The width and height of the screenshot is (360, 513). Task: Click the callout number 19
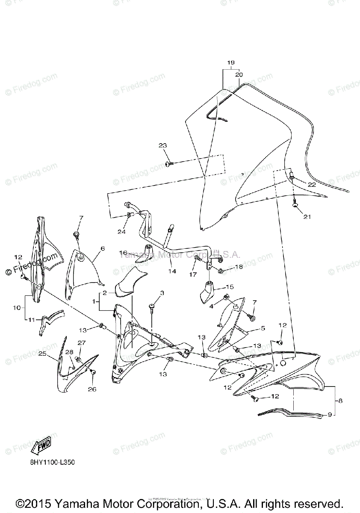coord(230,63)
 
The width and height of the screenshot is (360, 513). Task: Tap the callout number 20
coord(239,74)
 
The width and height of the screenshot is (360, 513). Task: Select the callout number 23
coord(162,145)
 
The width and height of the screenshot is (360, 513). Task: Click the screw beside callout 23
coord(168,164)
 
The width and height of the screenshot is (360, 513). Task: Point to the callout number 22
coord(311,185)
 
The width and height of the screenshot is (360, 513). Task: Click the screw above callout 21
coord(294,205)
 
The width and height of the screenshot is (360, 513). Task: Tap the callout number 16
coord(124,253)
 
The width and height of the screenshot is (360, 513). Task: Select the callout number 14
coord(172,271)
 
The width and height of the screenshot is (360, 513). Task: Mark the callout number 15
coord(230,287)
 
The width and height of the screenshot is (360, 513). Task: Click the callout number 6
coord(103,248)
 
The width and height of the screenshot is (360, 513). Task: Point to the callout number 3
coord(162,293)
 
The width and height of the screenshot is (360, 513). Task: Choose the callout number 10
coord(17,307)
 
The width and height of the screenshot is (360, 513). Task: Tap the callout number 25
coord(42,354)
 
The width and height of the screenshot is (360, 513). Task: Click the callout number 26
coord(92,389)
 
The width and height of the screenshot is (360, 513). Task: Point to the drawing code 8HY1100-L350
coord(50,463)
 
